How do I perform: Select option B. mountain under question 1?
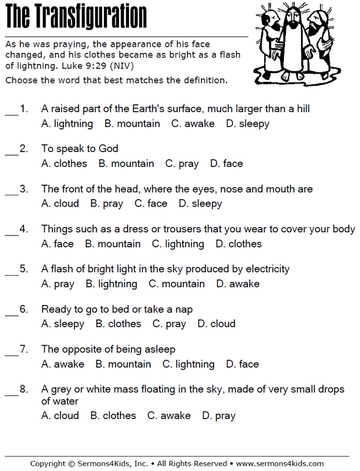tap(132, 124)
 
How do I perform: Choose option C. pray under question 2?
tap(182, 164)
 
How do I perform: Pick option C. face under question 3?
tap(151, 204)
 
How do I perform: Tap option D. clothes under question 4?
tap(238, 244)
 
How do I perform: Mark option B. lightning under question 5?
tap(111, 284)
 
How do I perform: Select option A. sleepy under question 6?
tap(63, 324)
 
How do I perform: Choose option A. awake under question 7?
tap(63, 364)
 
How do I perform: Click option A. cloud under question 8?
tap(59, 415)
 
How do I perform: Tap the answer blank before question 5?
tap(12, 275)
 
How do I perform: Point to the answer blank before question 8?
tap(12, 395)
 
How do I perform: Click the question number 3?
tap(24, 189)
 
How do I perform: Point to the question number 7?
tap(24, 350)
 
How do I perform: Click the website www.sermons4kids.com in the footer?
tap(280, 464)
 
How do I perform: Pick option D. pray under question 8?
tap(219, 415)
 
